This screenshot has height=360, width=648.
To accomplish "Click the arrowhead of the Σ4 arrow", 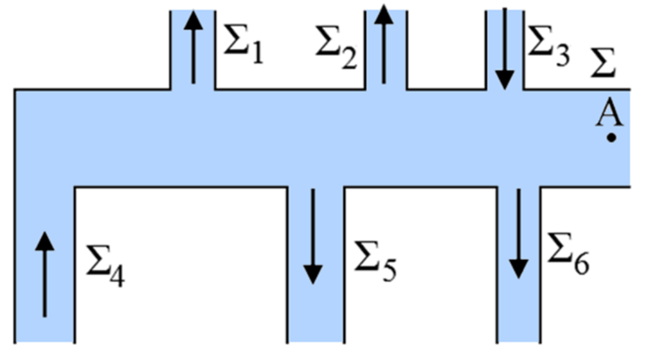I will pos(44,241).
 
